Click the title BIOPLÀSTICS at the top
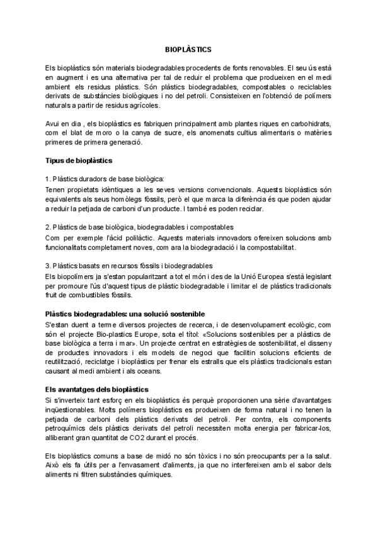click(x=188, y=48)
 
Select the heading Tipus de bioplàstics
click(x=79, y=161)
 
